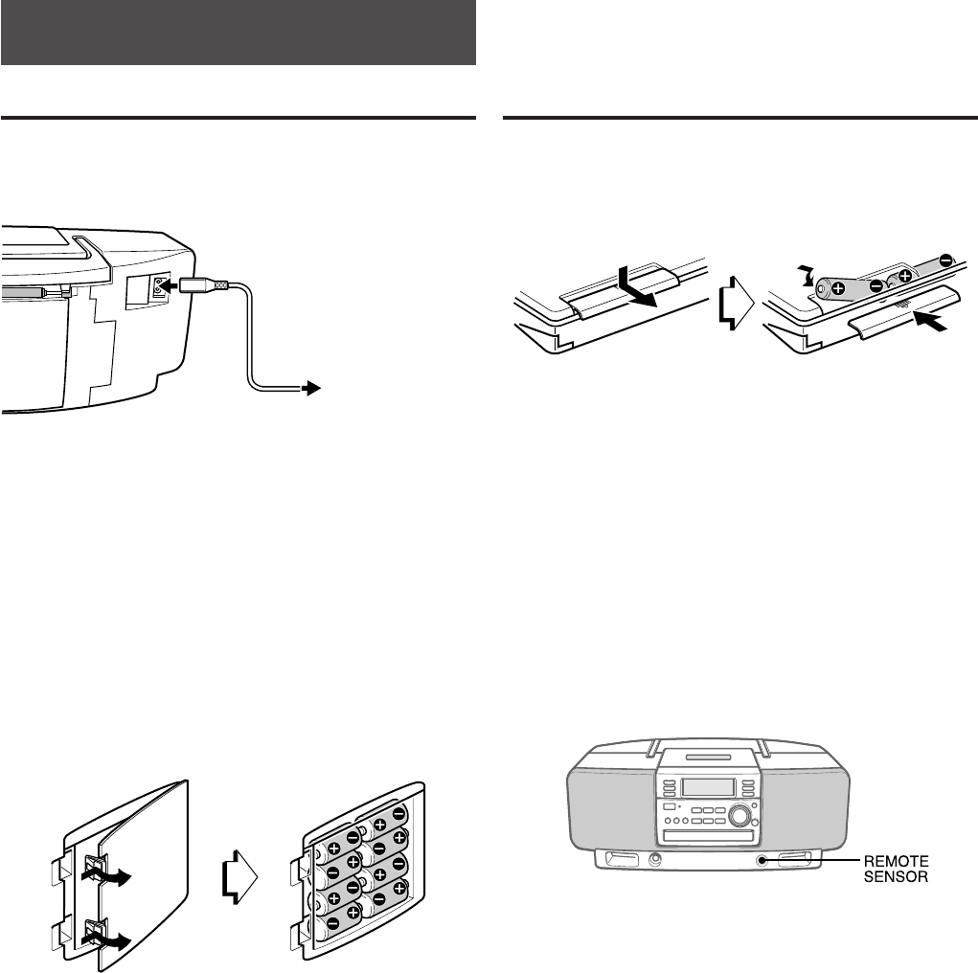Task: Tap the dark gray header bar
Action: click(239, 33)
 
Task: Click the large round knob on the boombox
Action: click(739, 815)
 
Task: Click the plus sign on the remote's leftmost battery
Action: click(836, 288)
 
